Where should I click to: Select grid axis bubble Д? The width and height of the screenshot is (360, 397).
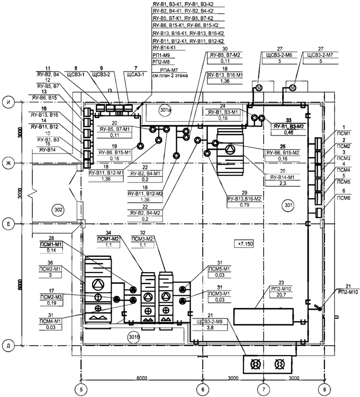10,345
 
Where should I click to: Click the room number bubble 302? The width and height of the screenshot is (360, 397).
59,210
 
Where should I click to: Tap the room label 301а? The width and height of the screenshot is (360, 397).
166,111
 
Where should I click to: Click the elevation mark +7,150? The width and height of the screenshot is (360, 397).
247,243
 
